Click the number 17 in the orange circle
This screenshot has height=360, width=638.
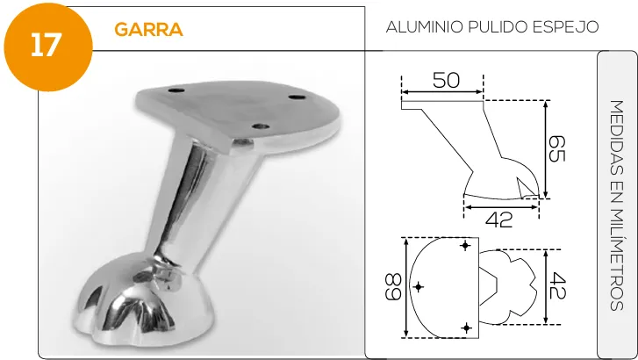pyautogui.click(x=46, y=45)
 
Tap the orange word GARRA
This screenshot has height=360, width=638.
pyautogui.click(x=148, y=29)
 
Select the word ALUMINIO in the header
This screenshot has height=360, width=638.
pyautogui.click(x=425, y=27)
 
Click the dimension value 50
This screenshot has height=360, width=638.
pyautogui.click(x=446, y=80)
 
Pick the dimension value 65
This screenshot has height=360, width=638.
pyautogui.click(x=556, y=148)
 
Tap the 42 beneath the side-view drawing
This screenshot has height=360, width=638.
pyautogui.click(x=499, y=220)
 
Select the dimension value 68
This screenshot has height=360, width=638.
pyautogui.click(x=393, y=287)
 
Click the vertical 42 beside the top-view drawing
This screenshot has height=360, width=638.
pyautogui.click(x=557, y=286)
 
